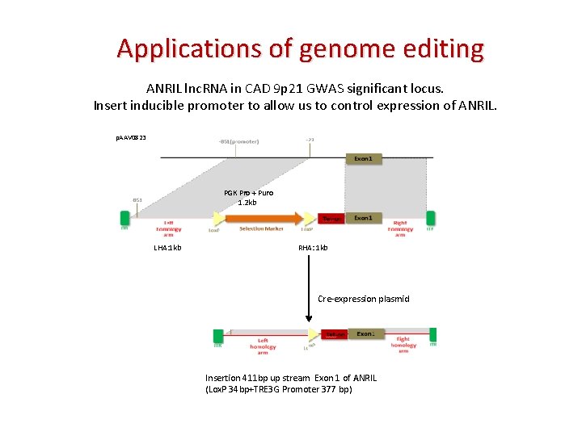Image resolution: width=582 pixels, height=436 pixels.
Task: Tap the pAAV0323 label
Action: click(x=130, y=138)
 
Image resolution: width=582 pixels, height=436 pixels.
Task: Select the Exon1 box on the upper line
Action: click(x=363, y=159)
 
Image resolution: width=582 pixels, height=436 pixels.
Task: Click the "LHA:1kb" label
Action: click(x=167, y=247)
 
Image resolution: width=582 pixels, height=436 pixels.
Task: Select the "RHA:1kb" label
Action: click(x=313, y=247)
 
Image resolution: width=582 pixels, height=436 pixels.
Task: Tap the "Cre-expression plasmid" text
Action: click(x=363, y=299)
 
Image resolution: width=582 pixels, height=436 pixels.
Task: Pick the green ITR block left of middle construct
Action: click(x=124, y=218)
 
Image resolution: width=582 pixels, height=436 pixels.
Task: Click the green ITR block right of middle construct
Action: click(x=431, y=218)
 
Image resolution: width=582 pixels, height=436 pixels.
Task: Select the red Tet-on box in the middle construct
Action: click(x=331, y=218)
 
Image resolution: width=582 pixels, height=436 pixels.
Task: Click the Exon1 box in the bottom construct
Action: click(x=365, y=333)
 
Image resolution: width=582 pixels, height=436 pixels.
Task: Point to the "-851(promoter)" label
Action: click(x=238, y=142)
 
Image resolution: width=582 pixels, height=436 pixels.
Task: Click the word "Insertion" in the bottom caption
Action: click(x=222, y=378)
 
